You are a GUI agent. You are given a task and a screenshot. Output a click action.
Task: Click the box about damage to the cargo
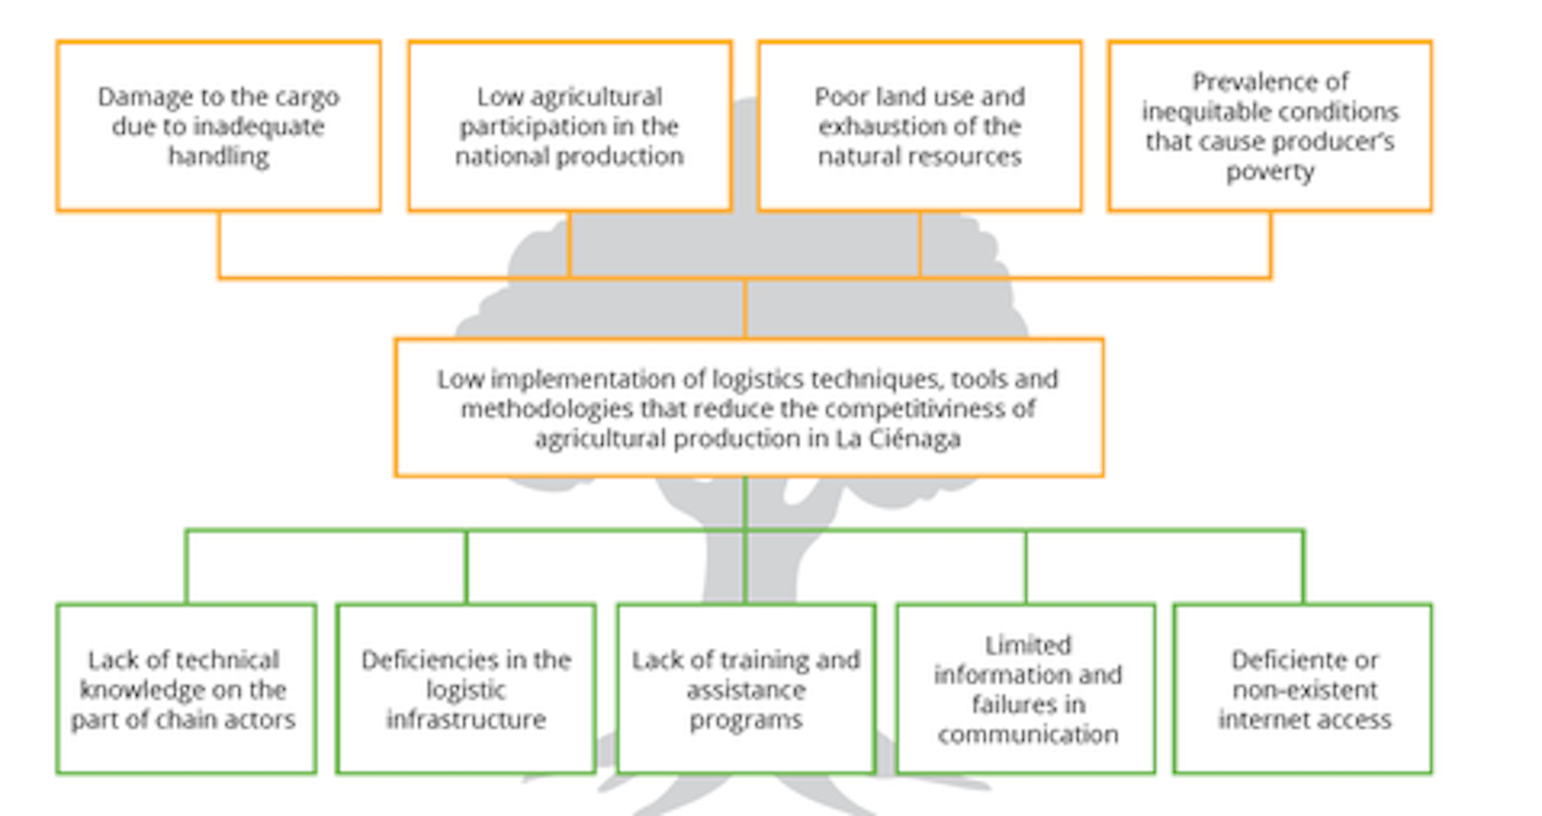[x=219, y=126]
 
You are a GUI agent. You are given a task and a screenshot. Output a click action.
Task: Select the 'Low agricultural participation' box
[x=569, y=126]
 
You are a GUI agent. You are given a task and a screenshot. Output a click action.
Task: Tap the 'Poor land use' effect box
[x=920, y=126]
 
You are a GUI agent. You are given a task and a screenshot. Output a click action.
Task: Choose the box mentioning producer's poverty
[x=1270, y=126]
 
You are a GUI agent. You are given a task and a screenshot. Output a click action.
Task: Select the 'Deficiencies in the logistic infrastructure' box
[x=466, y=689]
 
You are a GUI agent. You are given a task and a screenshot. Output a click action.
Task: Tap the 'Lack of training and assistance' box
[x=746, y=689]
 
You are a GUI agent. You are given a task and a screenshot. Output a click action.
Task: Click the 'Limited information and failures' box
[x=1026, y=689]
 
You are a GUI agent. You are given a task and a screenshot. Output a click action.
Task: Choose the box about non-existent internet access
[x=1303, y=689]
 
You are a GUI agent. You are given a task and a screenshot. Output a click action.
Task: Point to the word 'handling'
[x=219, y=156]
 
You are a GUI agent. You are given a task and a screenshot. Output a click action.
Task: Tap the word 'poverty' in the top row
[x=1270, y=172]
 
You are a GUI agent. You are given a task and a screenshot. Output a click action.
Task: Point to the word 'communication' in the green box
[x=1028, y=734]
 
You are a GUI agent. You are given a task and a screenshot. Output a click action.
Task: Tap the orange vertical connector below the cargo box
[x=219, y=244]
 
